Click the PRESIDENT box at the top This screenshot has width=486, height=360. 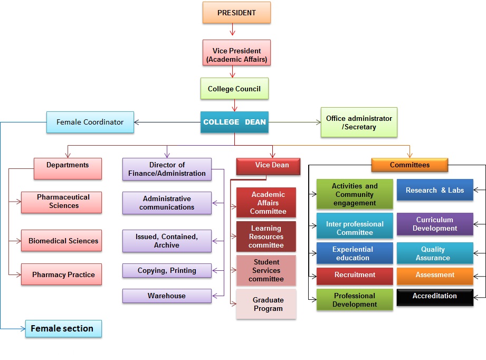tap(236, 13)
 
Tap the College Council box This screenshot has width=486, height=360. tap(234, 89)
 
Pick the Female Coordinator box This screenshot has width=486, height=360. tap(90, 122)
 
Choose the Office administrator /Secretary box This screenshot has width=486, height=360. tap(359, 122)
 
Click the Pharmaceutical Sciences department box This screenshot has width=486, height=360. tap(62, 202)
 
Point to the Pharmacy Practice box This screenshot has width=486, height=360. tap(62, 274)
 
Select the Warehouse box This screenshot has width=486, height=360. tap(167, 296)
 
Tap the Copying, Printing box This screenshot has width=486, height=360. tap(167, 270)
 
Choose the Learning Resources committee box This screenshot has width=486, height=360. tap(266, 236)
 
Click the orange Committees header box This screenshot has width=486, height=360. tap(409, 165)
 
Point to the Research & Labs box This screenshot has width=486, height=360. tap(435, 191)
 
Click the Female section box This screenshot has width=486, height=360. tap(63, 328)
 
